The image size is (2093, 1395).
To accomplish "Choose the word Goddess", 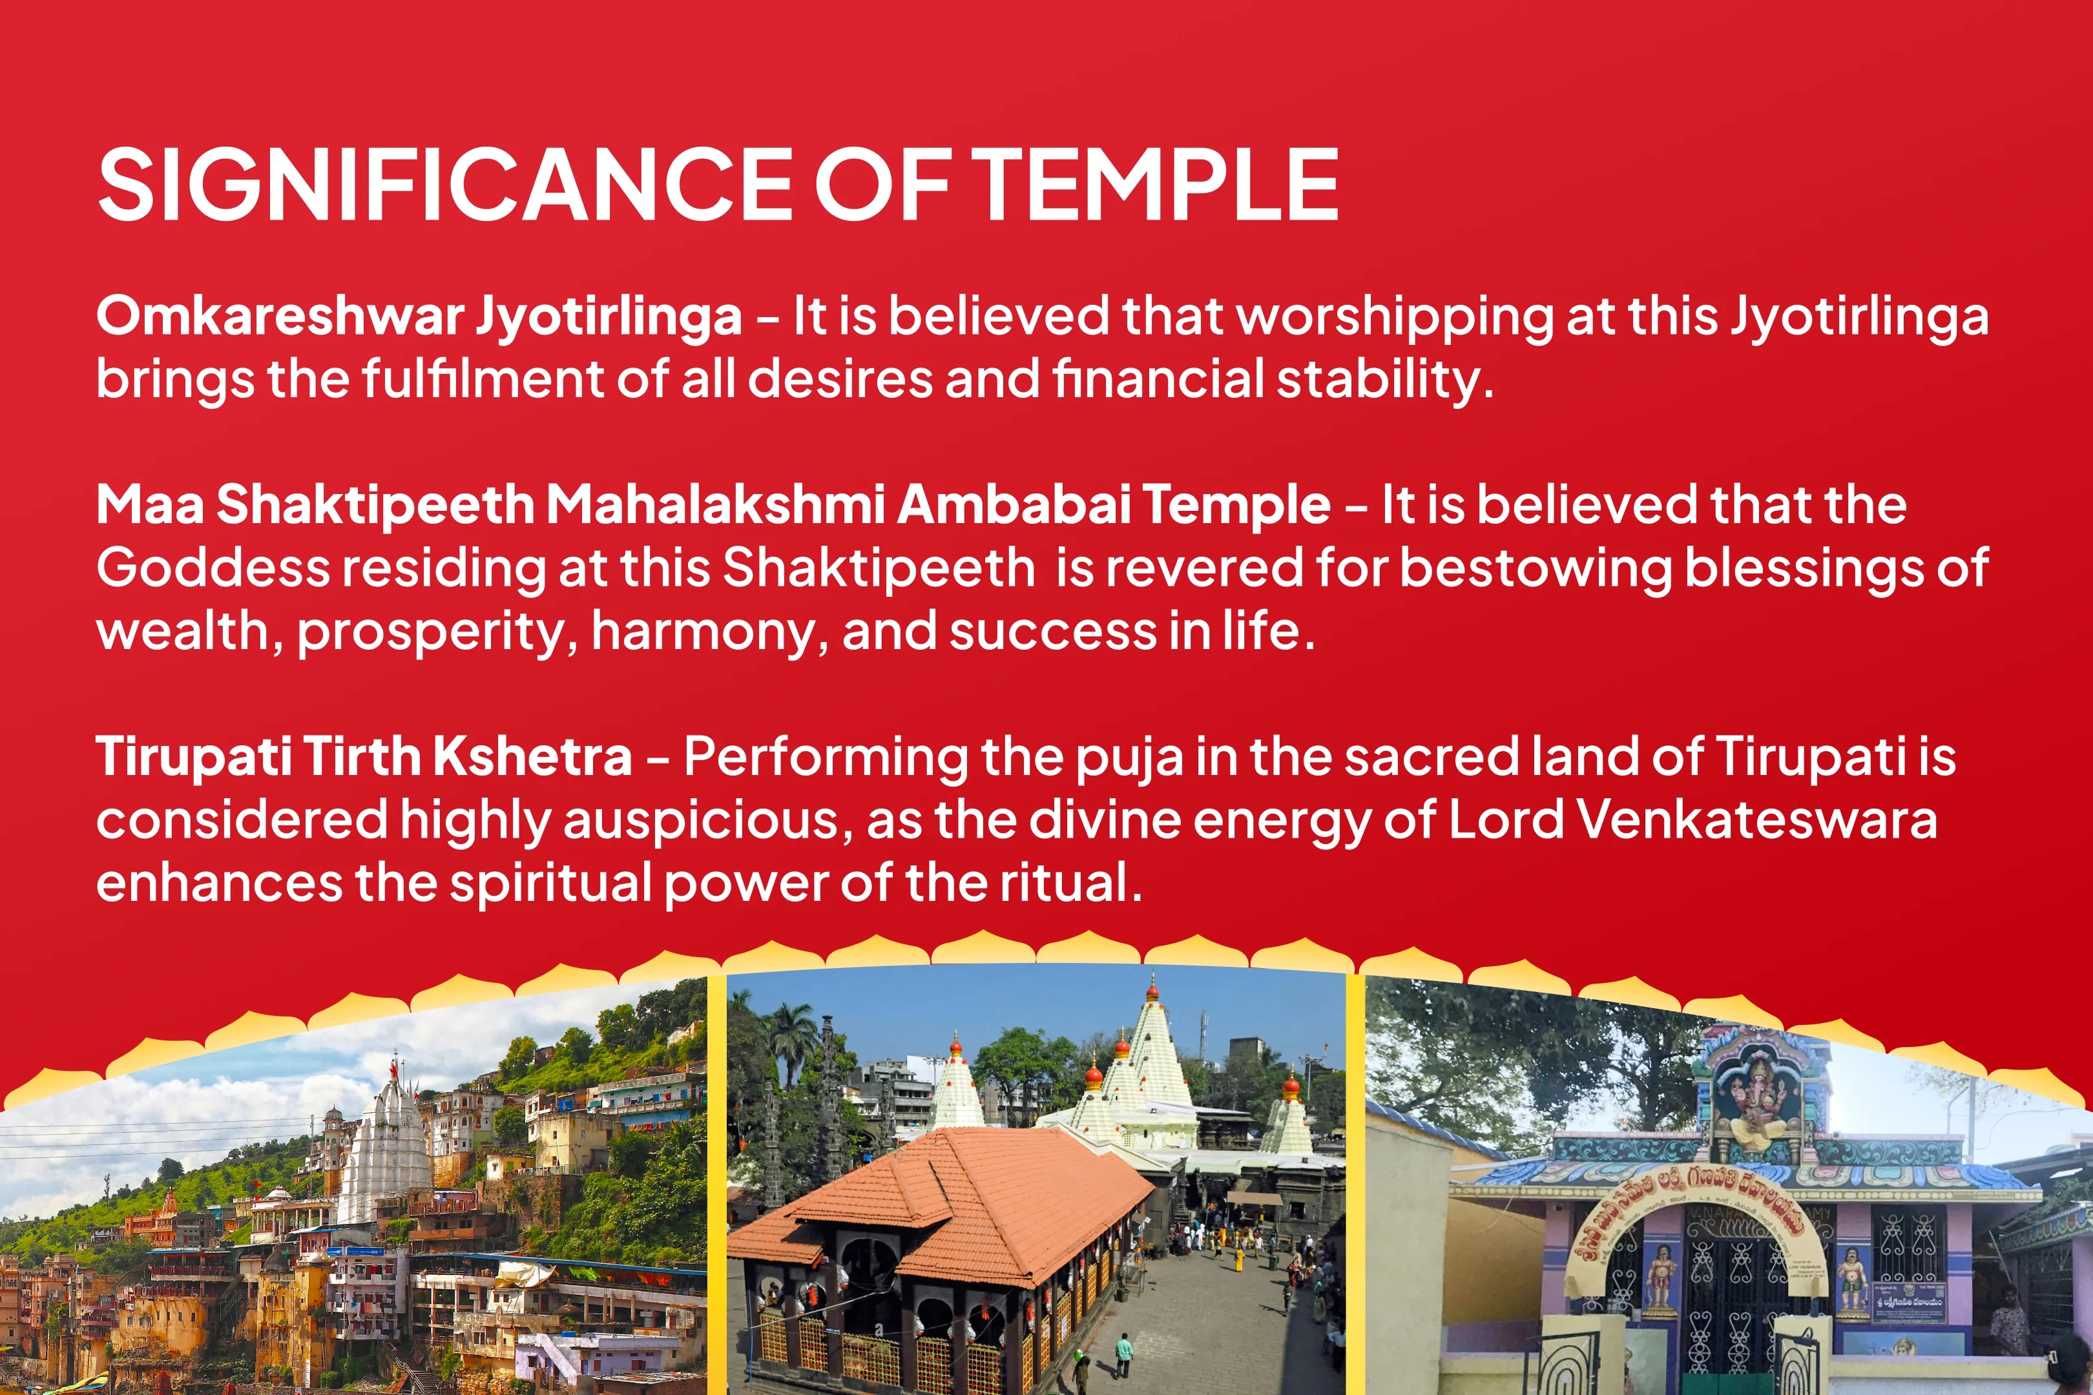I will [213, 568].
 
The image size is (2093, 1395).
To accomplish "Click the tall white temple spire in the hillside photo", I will [388, 1148].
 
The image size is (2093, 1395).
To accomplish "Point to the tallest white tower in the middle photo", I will [1154, 1059].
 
